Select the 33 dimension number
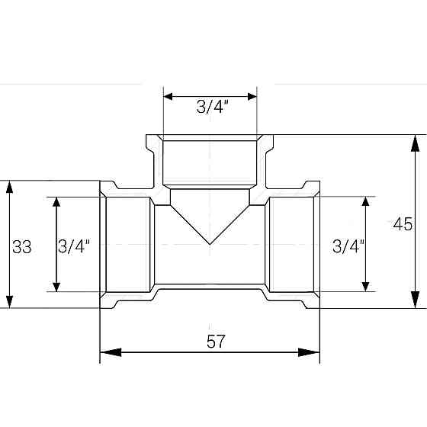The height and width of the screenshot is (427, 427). [22, 246]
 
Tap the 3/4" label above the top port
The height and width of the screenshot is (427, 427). [210, 108]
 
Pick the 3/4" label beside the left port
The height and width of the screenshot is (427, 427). [74, 246]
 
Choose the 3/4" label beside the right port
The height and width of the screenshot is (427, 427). [348, 246]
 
